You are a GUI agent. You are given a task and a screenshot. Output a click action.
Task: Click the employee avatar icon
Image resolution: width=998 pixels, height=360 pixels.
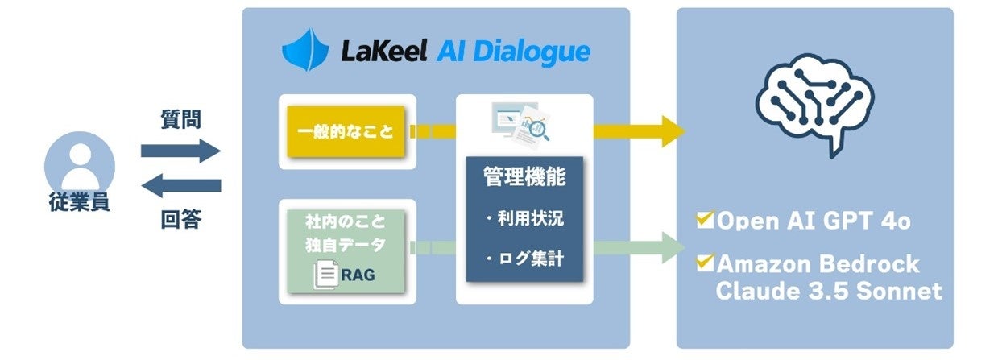80,165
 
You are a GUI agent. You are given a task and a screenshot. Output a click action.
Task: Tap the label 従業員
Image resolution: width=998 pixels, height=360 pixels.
80,202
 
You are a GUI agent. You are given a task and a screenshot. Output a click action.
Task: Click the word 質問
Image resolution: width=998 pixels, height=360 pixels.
180,119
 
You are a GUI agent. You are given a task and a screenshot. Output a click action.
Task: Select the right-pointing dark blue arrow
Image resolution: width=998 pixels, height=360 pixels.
180,151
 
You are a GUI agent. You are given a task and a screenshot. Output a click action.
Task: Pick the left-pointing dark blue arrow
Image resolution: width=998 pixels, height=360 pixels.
180,185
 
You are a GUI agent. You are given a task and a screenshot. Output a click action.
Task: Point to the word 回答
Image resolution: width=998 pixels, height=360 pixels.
181,219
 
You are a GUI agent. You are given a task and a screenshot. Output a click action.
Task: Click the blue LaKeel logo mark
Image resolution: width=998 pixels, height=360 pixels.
305,50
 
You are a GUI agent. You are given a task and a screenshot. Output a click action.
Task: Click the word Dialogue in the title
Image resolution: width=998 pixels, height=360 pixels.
532,52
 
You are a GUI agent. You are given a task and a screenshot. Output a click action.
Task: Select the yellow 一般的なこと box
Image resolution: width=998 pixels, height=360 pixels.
346,131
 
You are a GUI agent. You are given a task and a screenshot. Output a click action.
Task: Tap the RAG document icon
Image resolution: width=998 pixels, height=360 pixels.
326,275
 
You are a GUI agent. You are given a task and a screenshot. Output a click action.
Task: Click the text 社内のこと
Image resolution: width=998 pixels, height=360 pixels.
346,221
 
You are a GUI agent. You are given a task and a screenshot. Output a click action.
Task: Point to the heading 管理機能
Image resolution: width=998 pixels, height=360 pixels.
524,176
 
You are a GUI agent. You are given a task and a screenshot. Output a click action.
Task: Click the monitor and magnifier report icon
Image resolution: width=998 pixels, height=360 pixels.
521,124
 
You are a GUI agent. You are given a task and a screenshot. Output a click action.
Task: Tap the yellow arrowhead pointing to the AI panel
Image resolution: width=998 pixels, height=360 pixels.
673,131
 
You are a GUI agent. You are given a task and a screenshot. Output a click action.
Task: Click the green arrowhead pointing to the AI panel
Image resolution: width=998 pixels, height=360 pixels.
673,248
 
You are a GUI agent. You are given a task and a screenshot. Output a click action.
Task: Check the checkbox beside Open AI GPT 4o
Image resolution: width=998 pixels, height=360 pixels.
705,220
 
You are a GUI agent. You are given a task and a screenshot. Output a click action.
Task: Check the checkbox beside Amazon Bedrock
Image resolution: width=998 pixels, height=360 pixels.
705,263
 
